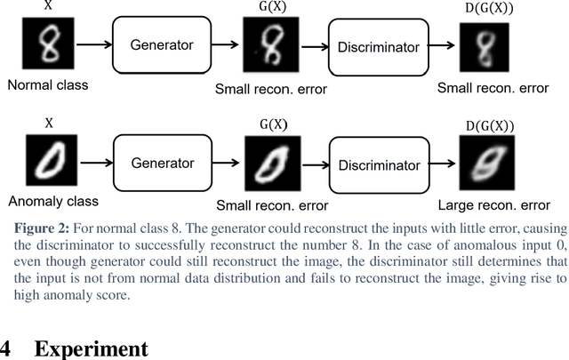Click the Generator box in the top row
coord(163,46)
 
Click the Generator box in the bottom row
coord(163,164)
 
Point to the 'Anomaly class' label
coord(52,202)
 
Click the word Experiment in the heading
coord(91,348)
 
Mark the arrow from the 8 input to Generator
coord(92,45)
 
